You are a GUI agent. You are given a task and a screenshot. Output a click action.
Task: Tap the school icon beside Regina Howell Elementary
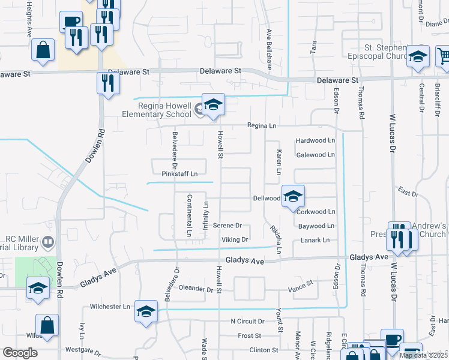(x=213, y=106)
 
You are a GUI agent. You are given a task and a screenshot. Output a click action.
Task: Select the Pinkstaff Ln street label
(x=179, y=174)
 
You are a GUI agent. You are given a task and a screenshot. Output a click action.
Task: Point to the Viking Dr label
(x=235, y=239)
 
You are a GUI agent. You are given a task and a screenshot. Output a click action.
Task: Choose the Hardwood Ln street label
(x=315, y=140)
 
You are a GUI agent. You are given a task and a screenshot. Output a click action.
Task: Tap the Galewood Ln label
(x=315, y=155)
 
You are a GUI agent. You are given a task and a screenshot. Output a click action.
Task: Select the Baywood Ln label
(x=316, y=226)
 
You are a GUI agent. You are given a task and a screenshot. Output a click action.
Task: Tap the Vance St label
(x=301, y=282)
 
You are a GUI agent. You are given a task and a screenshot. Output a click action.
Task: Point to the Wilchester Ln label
(x=110, y=306)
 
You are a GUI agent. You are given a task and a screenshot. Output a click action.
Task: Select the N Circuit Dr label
(x=247, y=321)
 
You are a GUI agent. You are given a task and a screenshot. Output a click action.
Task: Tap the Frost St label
(x=249, y=335)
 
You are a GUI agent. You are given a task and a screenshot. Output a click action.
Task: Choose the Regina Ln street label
(x=263, y=125)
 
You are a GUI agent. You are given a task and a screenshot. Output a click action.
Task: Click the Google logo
(x=20, y=353)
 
